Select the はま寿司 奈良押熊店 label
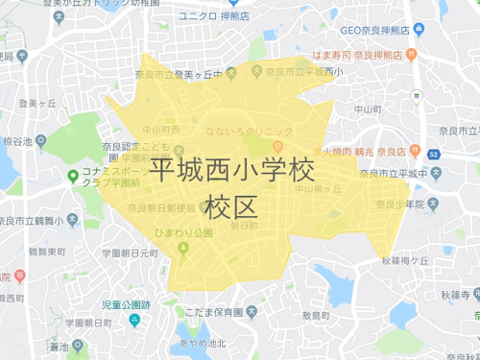(x=375, y=54)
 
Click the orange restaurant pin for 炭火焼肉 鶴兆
(x=414, y=151)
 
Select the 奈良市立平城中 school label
(x=394, y=173)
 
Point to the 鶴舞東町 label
(x=47, y=251)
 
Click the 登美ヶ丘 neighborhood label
(x=38, y=103)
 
